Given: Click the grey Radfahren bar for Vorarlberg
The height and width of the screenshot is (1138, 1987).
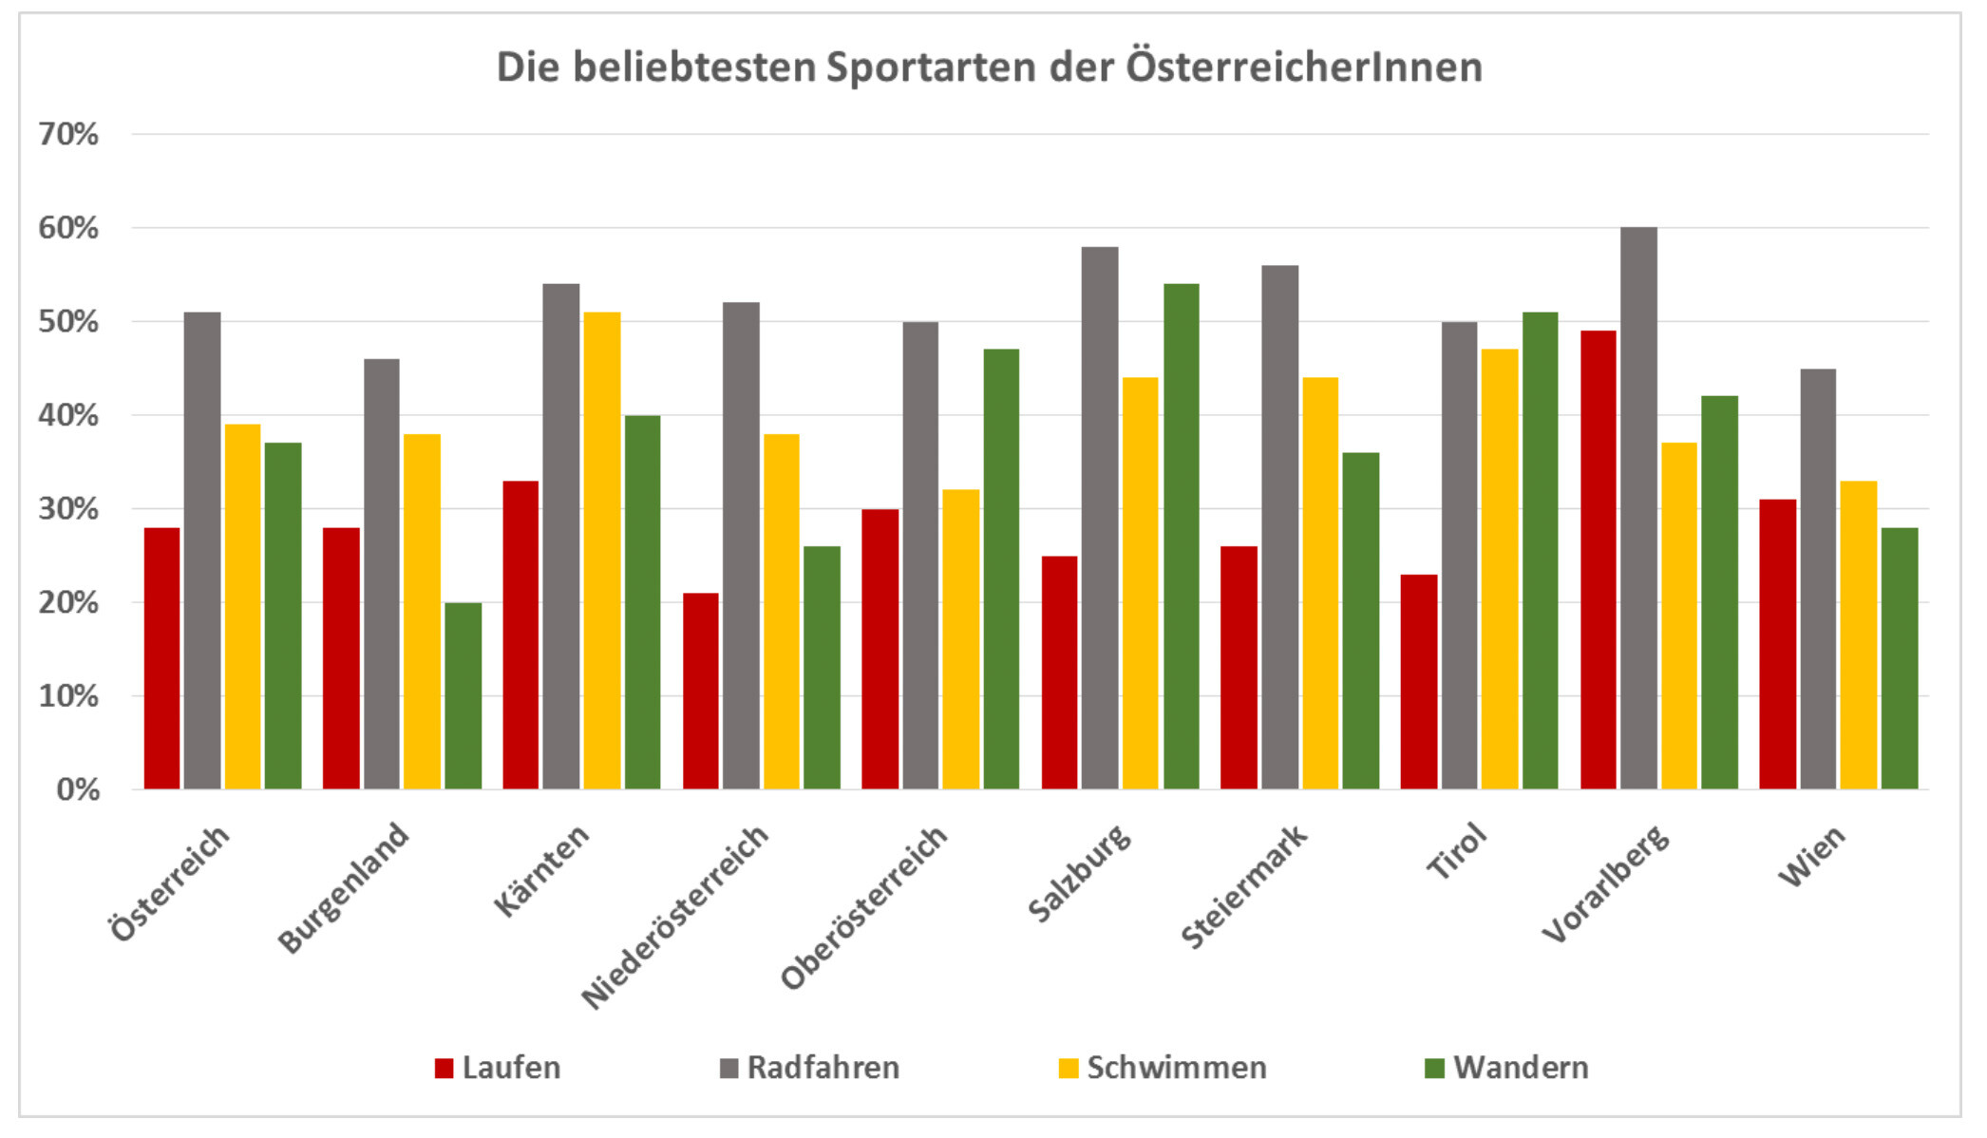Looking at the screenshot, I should click(x=1638, y=508).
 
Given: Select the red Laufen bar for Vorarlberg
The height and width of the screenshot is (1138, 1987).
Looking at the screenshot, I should click(x=1598, y=560).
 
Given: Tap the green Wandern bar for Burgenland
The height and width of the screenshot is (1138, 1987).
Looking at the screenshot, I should click(x=463, y=695).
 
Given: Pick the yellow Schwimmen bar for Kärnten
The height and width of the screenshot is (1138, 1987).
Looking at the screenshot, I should click(x=602, y=550).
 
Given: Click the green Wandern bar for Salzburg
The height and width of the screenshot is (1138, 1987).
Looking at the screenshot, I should click(x=1181, y=536).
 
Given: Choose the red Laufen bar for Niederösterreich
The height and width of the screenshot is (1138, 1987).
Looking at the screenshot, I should click(x=700, y=691).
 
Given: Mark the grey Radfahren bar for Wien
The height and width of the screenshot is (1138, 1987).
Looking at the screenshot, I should click(x=1818, y=578).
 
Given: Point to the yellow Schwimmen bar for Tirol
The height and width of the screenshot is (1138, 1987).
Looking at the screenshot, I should click(x=1500, y=569).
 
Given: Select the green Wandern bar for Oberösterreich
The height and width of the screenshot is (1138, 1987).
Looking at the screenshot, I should click(x=1001, y=569).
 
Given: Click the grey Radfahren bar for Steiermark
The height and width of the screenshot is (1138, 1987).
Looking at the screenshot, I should click(x=1279, y=527).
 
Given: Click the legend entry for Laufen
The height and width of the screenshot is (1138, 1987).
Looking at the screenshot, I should click(x=498, y=1068).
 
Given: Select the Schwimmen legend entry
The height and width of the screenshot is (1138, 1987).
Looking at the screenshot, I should click(x=1163, y=1068).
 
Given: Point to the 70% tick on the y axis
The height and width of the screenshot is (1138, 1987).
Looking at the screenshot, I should click(x=68, y=134).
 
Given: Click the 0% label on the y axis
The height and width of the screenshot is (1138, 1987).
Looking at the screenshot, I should click(x=78, y=789).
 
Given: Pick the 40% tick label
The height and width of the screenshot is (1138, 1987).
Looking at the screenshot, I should click(x=68, y=415).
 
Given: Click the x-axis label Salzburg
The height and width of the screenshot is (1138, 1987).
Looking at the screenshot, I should click(x=1080, y=873).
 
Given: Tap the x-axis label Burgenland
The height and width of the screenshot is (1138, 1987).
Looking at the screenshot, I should click(x=344, y=887).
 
